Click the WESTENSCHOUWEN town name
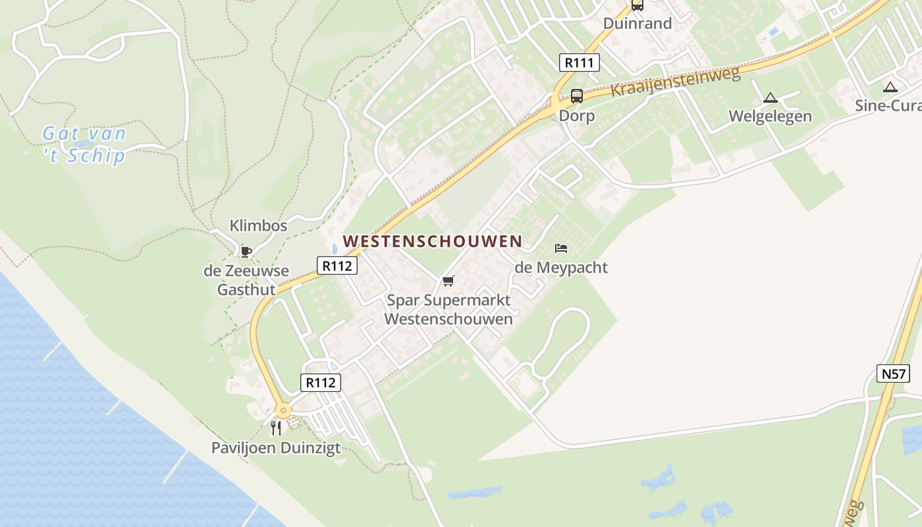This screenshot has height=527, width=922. (433, 241)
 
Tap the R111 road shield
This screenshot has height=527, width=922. (580, 63)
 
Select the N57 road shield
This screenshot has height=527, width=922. (894, 374)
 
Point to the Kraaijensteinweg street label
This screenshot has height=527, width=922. (676, 81)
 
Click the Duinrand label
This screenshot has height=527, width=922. (637, 24)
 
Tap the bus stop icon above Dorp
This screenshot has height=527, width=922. (576, 96)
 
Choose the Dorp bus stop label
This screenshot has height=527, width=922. (576, 116)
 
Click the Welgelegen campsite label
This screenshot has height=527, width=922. (770, 117)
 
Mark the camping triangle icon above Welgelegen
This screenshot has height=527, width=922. (770, 98)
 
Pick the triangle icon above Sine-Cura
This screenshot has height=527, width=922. (890, 87)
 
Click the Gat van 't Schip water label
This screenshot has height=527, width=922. (84, 145)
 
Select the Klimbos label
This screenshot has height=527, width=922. (258, 226)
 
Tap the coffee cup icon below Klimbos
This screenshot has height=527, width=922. (246, 251)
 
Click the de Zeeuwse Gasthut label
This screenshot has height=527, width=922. (246, 280)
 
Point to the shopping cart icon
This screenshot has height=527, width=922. (448, 281)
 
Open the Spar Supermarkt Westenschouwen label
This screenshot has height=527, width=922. (448, 310)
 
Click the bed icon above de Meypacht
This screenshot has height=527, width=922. (561, 248)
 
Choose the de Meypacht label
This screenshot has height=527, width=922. (561, 267)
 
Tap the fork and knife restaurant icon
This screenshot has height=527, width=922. (276, 428)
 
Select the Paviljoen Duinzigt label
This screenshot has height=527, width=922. (276, 448)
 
